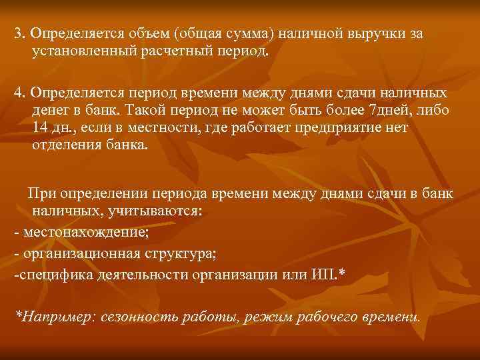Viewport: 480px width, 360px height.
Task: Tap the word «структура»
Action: (181, 254)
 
